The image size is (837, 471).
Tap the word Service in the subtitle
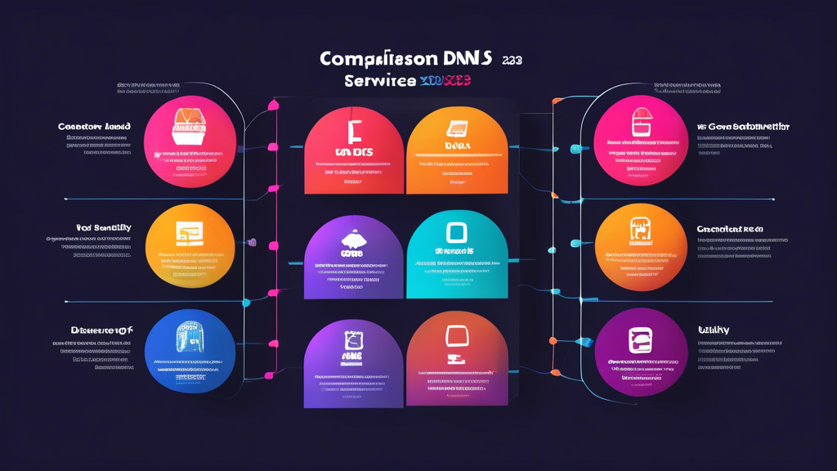click(x=380, y=81)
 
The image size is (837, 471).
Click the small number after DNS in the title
click(x=512, y=60)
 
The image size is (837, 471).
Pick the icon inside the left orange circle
click(x=190, y=235)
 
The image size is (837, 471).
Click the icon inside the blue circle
click(x=190, y=337)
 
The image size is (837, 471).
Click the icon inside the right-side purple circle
click(x=640, y=340)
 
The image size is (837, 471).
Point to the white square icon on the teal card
click(x=456, y=232)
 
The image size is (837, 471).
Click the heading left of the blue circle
click(x=101, y=330)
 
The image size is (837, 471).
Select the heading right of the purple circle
click(x=713, y=330)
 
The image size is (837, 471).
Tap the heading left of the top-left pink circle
click(x=95, y=127)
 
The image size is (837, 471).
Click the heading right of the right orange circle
click(x=729, y=230)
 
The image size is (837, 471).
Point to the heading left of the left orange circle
click(x=104, y=228)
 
